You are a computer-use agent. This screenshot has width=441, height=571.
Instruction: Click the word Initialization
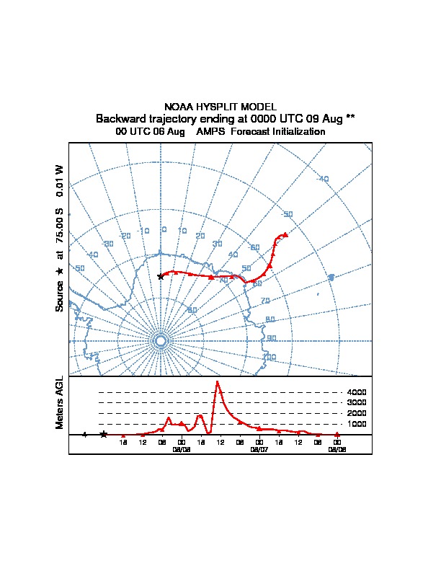(x=295, y=132)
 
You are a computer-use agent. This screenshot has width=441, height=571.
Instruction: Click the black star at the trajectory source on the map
(x=160, y=276)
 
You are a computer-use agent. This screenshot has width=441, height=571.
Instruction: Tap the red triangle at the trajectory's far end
(x=285, y=234)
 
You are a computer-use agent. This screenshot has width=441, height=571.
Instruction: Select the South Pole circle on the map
(x=161, y=340)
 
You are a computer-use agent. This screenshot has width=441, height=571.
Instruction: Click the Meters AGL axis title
(x=60, y=402)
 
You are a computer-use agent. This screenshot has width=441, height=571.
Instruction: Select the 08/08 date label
(x=337, y=448)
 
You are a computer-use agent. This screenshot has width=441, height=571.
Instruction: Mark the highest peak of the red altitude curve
(x=217, y=381)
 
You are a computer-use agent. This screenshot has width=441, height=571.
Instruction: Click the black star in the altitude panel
(x=104, y=434)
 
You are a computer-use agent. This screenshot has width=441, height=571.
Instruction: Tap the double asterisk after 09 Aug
(x=350, y=118)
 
